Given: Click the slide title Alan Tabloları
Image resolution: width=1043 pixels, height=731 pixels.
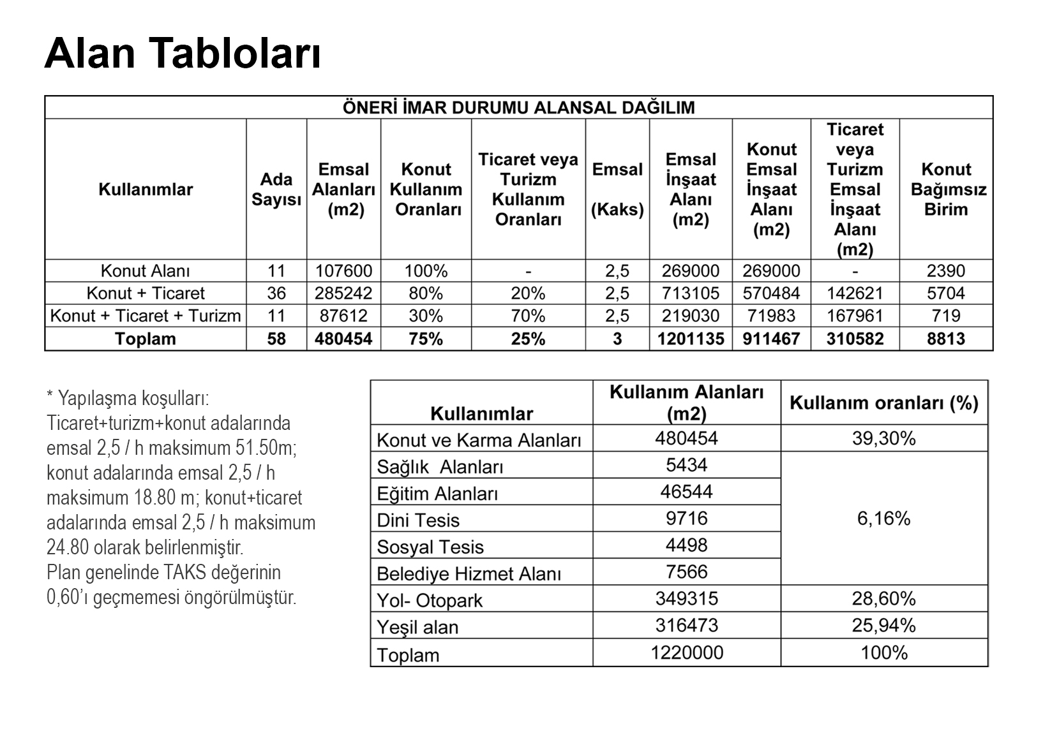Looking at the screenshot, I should pyautogui.click(x=183, y=53).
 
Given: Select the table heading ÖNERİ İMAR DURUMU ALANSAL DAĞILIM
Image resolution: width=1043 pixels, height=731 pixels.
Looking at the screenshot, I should pyautogui.click(x=518, y=107).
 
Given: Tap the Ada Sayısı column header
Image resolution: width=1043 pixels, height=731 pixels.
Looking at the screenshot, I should pyautogui.click(x=276, y=189).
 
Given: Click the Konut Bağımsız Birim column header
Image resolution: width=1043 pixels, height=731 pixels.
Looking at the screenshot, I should pyautogui.click(x=946, y=189).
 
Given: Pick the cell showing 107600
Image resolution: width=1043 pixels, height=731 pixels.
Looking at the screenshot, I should pyautogui.click(x=343, y=271).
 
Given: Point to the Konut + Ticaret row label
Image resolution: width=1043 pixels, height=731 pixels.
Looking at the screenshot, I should pyautogui.click(x=146, y=293).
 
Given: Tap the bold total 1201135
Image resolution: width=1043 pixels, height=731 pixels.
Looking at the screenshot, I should pyautogui.click(x=691, y=339).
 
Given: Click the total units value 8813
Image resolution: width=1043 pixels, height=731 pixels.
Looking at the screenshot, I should pyautogui.click(x=946, y=339).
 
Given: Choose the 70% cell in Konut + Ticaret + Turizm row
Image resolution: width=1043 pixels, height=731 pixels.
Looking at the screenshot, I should pyautogui.click(x=528, y=316).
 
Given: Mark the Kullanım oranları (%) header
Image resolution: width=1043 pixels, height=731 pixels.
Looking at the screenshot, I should pyautogui.click(x=883, y=403).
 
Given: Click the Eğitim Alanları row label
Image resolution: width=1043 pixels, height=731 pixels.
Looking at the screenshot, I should pyautogui.click(x=437, y=494).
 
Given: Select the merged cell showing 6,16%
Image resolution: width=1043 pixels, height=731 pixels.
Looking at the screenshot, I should pyautogui.click(x=883, y=519).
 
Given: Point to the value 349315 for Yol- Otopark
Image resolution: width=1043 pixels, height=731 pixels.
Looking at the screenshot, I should pyautogui.click(x=686, y=598).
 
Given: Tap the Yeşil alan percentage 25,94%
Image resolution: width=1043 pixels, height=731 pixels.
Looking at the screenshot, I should pyautogui.click(x=883, y=625).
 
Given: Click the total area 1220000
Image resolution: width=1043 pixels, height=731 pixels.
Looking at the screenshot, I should pyautogui.click(x=686, y=653).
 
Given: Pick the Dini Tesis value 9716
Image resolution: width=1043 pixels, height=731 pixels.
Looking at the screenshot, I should pyautogui.click(x=686, y=518).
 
